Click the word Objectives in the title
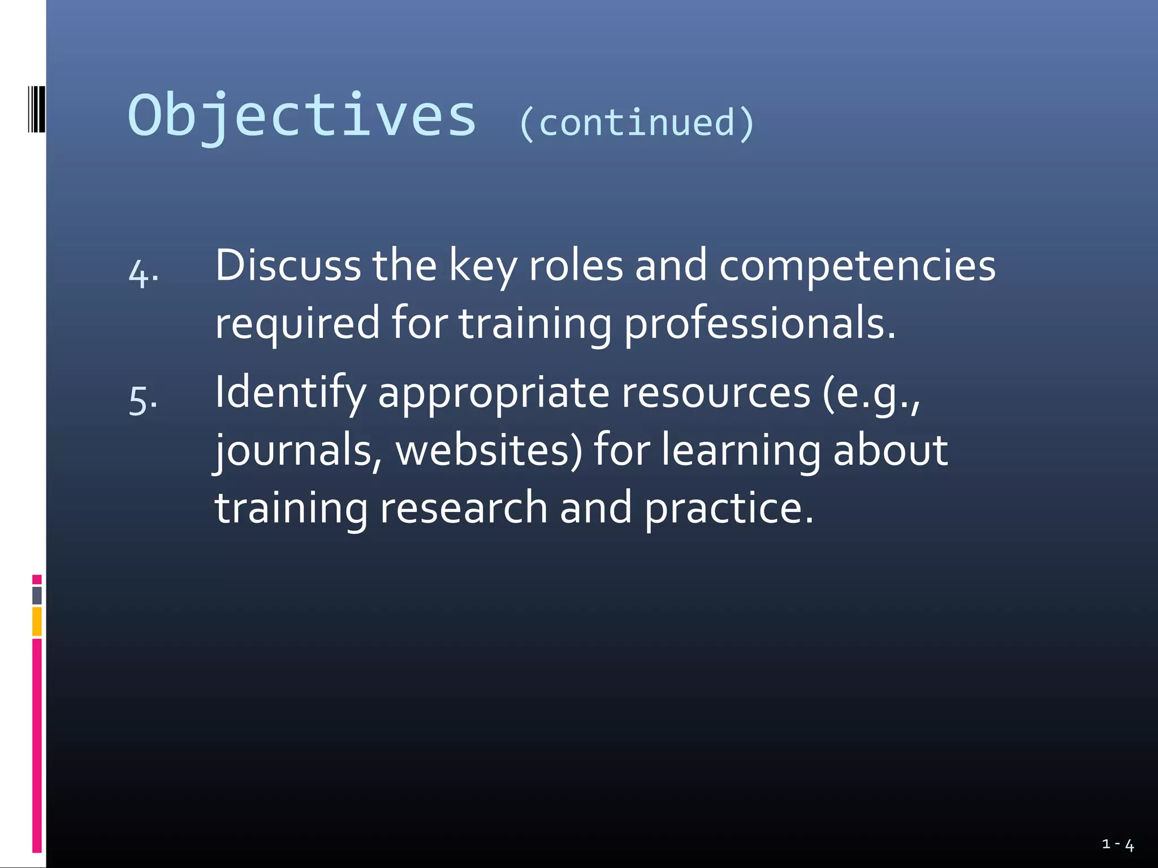tap(303, 116)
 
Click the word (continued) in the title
tap(637, 123)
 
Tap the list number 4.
tap(142, 274)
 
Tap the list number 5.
tap(142, 400)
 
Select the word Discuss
tap(288, 266)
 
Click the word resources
tap(716, 393)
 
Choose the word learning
tap(741, 452)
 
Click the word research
tap(464, 507)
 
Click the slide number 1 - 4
tap(1118, 845)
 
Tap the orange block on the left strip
tap(37, 621)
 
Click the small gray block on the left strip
tap(37, 595)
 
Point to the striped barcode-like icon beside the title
tap(36, 109)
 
